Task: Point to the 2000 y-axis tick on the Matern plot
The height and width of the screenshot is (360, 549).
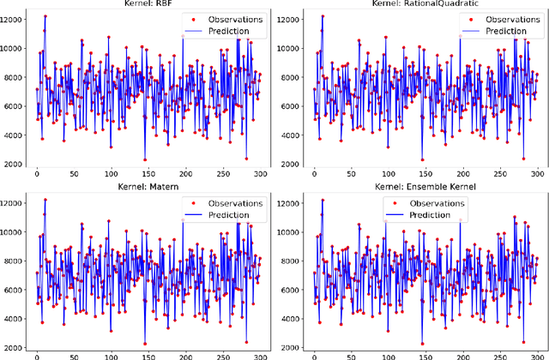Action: (x=16, y=347)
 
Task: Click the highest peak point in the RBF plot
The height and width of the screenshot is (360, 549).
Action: (x=45, y=16)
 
